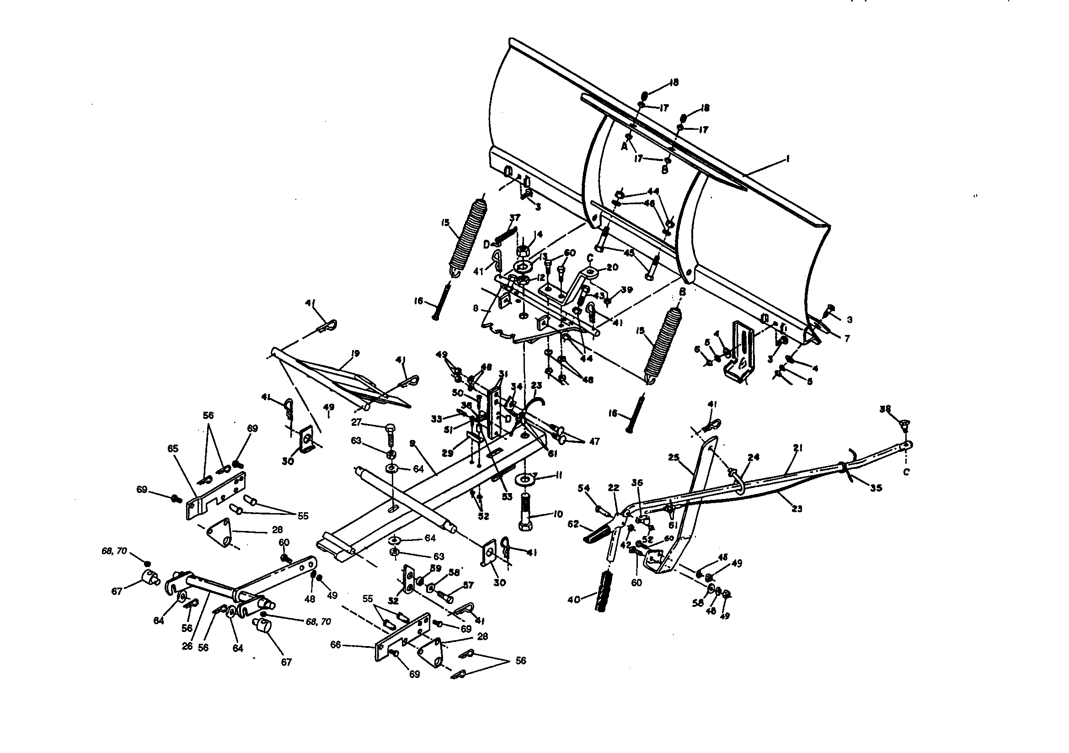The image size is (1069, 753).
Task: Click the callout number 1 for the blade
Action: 787,159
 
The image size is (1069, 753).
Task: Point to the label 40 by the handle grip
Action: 574,600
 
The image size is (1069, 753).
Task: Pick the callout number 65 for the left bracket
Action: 173,448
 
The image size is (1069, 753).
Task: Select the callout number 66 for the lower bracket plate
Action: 335,645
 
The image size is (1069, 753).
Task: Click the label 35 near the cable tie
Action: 876,488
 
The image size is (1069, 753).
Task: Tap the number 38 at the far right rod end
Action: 885,408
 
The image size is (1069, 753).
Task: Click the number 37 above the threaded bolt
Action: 514,217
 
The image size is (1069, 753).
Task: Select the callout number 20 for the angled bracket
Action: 612,267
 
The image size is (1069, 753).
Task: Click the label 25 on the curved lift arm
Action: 673,458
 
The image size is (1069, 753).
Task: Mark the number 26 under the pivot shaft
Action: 187,647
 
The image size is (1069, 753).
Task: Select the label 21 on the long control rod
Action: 798,448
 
